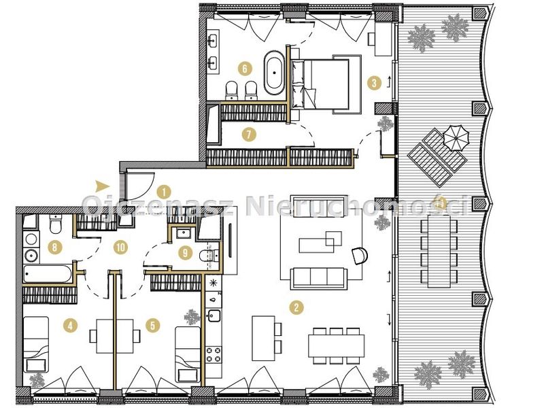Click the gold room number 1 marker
(x=164, y=192)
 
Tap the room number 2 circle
(x=296, y=307)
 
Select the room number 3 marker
(x=374, y=83)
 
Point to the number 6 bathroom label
(x=245, y=69)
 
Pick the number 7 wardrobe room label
(x=249, y=134)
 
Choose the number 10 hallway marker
(x=121, y=248)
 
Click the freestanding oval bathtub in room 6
(x=274, y=73)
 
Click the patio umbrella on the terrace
(x=456, y=137)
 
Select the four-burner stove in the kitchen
(x=214, y=354)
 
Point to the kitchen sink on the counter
(x=214, y=316)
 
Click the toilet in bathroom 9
(x=209, y=256)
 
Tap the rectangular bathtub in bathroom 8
(x=48, y=274)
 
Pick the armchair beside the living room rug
(x=360, y=256)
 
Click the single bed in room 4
(x=36, y=344)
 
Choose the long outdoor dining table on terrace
(x=439, y=252)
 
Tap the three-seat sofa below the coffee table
(x=319, y=278)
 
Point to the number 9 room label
(x=185, y=253)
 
